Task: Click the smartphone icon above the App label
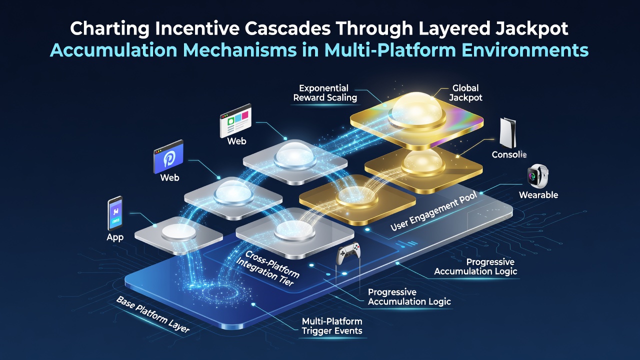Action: (x=115, y=213)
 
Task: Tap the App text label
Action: (x=115, y=237)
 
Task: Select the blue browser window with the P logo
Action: (x=168, y=156)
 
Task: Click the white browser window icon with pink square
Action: (x=235, y=120)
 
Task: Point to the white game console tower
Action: (x=507, y=133)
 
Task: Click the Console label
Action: (x=509, y=154)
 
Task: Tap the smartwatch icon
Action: (x=538, y=176)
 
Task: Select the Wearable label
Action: (x=538, y=195)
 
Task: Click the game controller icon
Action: (x=348, y=253)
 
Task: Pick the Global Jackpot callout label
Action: (x=465, y=93)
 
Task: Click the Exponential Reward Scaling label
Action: (x=325, y=93)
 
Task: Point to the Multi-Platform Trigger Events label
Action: (x=332, y=326)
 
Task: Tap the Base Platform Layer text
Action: (x=153, y=314)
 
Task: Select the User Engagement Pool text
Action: (x=433, y=211)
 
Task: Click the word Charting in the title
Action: (x=109, y=29)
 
